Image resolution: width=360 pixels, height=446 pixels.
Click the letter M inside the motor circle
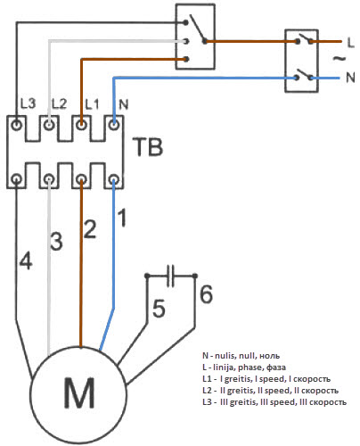click(79, 392)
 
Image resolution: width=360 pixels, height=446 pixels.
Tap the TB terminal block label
click(149, 146)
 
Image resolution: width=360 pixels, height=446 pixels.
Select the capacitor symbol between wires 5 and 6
click(170, 276)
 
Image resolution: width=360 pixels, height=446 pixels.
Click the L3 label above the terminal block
click(28, 103)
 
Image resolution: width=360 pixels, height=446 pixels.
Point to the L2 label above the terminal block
click(59, 103)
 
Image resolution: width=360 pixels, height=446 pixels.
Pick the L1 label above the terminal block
click(92, 104)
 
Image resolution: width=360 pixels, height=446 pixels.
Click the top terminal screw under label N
click(114, 124)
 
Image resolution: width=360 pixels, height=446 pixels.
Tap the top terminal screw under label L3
click(17, 124)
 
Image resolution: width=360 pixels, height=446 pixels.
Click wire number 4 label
click(26, 260)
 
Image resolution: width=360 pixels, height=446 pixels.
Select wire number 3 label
click(56, 240)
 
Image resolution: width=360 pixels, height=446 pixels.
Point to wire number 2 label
click(90, 228)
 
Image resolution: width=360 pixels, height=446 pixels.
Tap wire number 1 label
click(122, 218)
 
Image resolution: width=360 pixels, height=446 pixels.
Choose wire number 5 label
click(159, 309)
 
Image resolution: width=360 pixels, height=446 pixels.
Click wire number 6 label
click(206, 294)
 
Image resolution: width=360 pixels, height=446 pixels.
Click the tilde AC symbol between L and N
click(340, 59)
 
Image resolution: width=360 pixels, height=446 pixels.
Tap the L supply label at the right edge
click(351, 43)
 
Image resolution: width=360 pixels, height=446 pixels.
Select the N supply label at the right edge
click(350, 78)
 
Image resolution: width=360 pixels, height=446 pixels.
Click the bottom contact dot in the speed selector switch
click(186, 60)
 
